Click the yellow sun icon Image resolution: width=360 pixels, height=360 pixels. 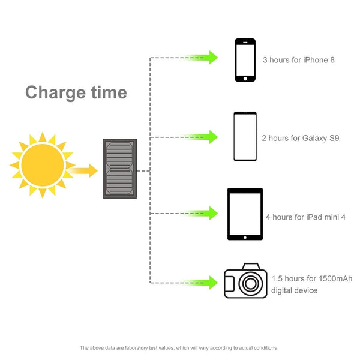coord(43,165)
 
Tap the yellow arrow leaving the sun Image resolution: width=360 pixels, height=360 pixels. coord(83,170)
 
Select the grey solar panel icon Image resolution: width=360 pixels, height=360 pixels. coord(120,169)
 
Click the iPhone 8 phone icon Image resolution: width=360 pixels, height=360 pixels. coord(245,60)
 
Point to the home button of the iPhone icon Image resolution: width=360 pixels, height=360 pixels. coord(245,79)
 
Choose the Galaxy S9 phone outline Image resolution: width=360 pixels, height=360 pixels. coord(245,136)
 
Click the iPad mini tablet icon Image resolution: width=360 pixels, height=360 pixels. coord(245,214)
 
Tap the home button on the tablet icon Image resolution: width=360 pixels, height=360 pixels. coord(245,238)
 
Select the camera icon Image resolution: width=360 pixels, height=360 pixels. coord(245,281)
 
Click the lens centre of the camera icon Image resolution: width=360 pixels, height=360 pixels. coord(250,284)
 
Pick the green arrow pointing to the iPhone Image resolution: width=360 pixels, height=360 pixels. coord(202,58)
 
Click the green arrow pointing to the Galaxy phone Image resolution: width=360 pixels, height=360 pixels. coord(202,137)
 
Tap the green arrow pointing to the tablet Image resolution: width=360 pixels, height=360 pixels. coord(202,213)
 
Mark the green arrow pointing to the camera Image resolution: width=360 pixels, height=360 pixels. coord(202,283)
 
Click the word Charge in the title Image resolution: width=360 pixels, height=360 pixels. coord(55,92)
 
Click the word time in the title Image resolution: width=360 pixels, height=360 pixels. coord(109,92)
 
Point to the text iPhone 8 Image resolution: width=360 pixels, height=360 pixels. coord(319,60)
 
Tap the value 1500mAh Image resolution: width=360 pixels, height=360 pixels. coord(335,278)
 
